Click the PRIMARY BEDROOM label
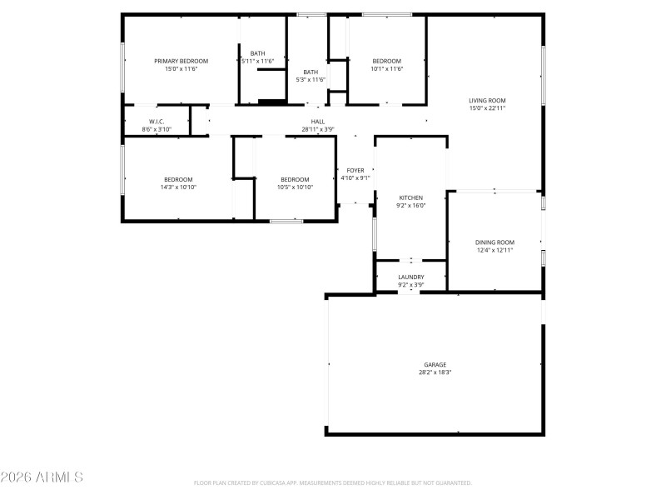[181, 61]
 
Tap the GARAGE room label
[435, 364]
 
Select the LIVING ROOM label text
[487, 100]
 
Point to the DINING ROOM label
[495, 242]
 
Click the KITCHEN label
[410, 197]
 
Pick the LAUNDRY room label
[410, 277]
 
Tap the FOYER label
[355, 170]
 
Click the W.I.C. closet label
[157, 122]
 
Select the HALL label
[318, 122]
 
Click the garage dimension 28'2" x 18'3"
[435, 372]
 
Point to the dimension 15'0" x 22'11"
[487, 108]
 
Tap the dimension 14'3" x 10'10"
[178, 187]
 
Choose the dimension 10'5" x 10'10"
[295, 187]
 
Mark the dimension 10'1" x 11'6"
[386, 69]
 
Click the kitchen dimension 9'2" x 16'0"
[410, 206]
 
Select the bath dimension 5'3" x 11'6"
[311, 80]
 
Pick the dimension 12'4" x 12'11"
[495, 250]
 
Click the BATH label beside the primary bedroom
[257, 53]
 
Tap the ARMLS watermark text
[42, 477]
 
